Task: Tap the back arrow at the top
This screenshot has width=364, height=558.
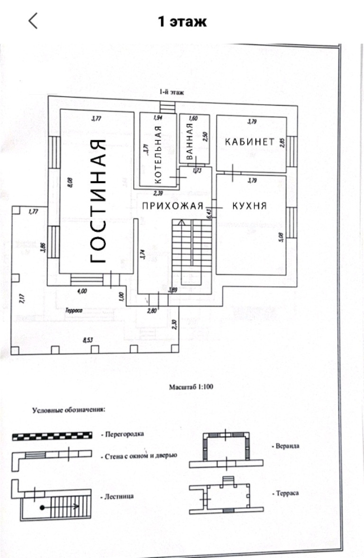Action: [33, 21]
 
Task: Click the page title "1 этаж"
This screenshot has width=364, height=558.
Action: [182, 22]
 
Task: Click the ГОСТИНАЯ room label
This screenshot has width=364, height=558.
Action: [98, 201]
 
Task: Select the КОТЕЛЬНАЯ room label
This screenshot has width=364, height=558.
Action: [158, 154]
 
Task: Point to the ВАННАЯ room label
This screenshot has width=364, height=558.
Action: [189, 141]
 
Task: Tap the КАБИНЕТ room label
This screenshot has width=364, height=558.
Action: [250, 142]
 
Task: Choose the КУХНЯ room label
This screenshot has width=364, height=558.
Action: [249, 206]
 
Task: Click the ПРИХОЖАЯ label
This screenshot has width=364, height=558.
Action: [173, 206]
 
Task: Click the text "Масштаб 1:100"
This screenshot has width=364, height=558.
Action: [191, 387]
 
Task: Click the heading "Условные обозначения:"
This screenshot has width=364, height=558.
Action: [68, 410]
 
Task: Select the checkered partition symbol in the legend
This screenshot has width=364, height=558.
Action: [52, 436]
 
